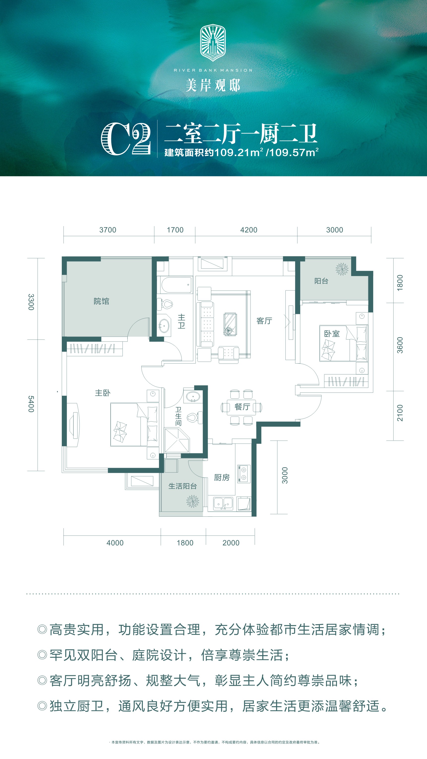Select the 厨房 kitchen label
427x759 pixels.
[222, 477]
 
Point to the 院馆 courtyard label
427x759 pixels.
[101, 301]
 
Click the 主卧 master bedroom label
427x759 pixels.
[103, 393]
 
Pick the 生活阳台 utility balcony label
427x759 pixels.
[183, 486]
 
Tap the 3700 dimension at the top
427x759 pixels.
[108, 230]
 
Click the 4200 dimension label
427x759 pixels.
[249, 230]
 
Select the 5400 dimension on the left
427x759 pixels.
[31, 404]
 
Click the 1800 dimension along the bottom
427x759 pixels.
[185, 543]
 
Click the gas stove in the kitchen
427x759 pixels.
[244, 474]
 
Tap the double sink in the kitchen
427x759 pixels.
[223, 504]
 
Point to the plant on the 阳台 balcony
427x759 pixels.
[342, 269]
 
